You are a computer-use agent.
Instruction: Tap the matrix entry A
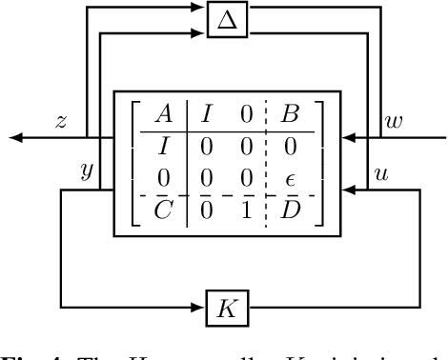pos(163,115)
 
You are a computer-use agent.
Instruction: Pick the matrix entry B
pos(290,115)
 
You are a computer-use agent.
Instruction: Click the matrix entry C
pos(163,210)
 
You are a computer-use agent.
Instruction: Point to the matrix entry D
pos(290,210)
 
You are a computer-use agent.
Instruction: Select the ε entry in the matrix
pos(290,178)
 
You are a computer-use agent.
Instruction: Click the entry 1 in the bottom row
pos(245,210)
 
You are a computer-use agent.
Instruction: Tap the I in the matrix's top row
pos(205,115)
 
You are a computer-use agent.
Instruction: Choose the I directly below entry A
pos(163,148)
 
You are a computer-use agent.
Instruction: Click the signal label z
pos(61,121)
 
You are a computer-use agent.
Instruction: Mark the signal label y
pos(87,170)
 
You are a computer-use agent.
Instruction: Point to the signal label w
pos(394,121)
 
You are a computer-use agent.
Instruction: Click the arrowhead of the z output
pos(16,139)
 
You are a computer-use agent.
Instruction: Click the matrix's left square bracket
pos(132,163)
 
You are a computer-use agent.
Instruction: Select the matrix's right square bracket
pos(321,163)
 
